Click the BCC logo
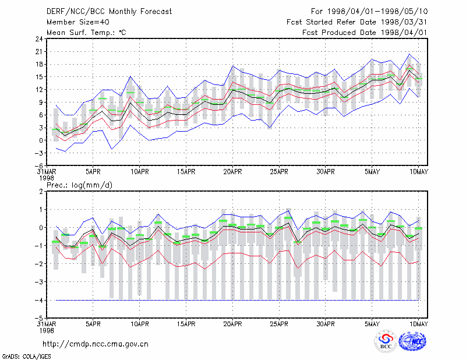point(386,341)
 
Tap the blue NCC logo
point(412,341)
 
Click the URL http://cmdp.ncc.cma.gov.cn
point(96,344)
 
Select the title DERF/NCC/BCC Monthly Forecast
point(109,12)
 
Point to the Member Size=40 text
point(78,22)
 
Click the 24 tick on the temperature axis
point(39,38)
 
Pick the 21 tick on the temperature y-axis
point(39,51)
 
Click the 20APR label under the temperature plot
point(232,172)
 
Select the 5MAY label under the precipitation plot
point(372,324)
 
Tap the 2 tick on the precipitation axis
point(41,191)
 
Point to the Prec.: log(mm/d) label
point(79,185)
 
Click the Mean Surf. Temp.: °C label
point(86,33)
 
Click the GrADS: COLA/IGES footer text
point(27,357)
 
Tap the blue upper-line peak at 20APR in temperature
point(232,66)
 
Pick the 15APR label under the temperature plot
point(186,172)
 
